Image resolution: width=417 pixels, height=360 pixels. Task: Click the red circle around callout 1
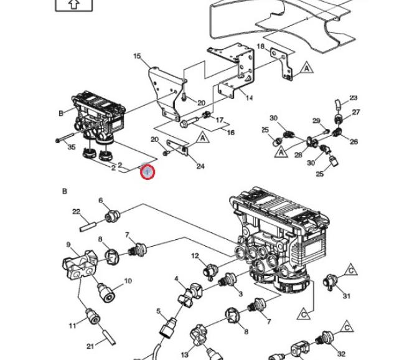(x=147, y=171)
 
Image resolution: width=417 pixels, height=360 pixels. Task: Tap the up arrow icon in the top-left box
(x=73, y=4)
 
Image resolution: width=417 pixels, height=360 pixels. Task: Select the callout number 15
(x=137, y=57)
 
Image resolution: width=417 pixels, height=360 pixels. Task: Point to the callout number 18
(x=261, y=47)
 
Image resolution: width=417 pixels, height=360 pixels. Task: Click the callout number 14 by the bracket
(x=248, y=98)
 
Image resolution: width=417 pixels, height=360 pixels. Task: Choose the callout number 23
(x=354, y=98)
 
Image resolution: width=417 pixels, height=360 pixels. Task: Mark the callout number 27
(x=356, y=112)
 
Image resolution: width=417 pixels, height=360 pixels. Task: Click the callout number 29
(x=316, y=121)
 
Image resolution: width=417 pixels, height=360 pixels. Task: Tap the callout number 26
(x=354, y=141)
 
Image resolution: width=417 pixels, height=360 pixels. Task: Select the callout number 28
(x=298, y=154)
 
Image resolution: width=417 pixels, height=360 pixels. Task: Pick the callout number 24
(x=200, y=166)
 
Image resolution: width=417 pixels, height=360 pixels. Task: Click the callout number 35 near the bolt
(x=71, y=148)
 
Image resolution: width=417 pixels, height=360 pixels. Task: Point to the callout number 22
(x=76, y=212)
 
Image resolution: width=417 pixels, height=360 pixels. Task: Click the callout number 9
(x=68, y=245)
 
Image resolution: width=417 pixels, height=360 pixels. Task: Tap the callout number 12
(x=195, y=256)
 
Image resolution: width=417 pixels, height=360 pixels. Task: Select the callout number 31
(x=347, y=296)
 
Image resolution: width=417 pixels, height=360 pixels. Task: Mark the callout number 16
(x=231, y=133)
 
